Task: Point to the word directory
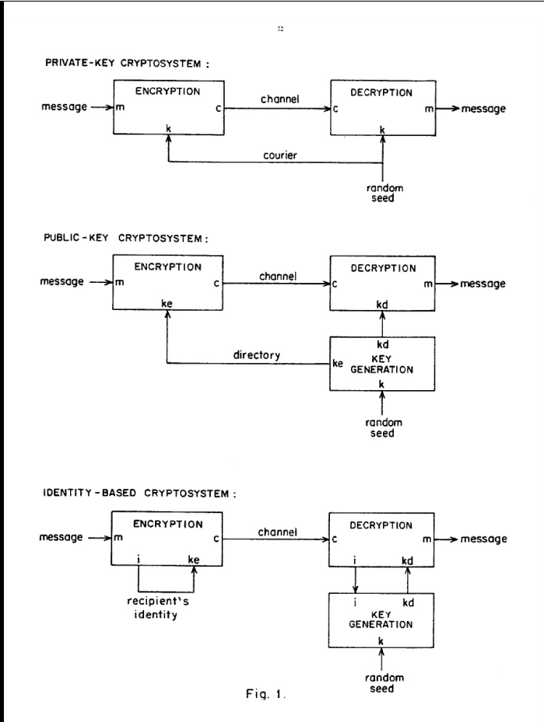point(257,354)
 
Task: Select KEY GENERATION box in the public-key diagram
point(383,364)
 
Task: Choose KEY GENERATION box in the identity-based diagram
point(380,619)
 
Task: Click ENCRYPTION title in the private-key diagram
point(168,91)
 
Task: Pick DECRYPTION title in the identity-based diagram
point(382,525)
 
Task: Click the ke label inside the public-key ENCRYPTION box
point(167,304)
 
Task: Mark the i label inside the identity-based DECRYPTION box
point(355,560)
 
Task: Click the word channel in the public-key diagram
point(277,275)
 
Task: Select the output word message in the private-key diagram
point(483,109)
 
